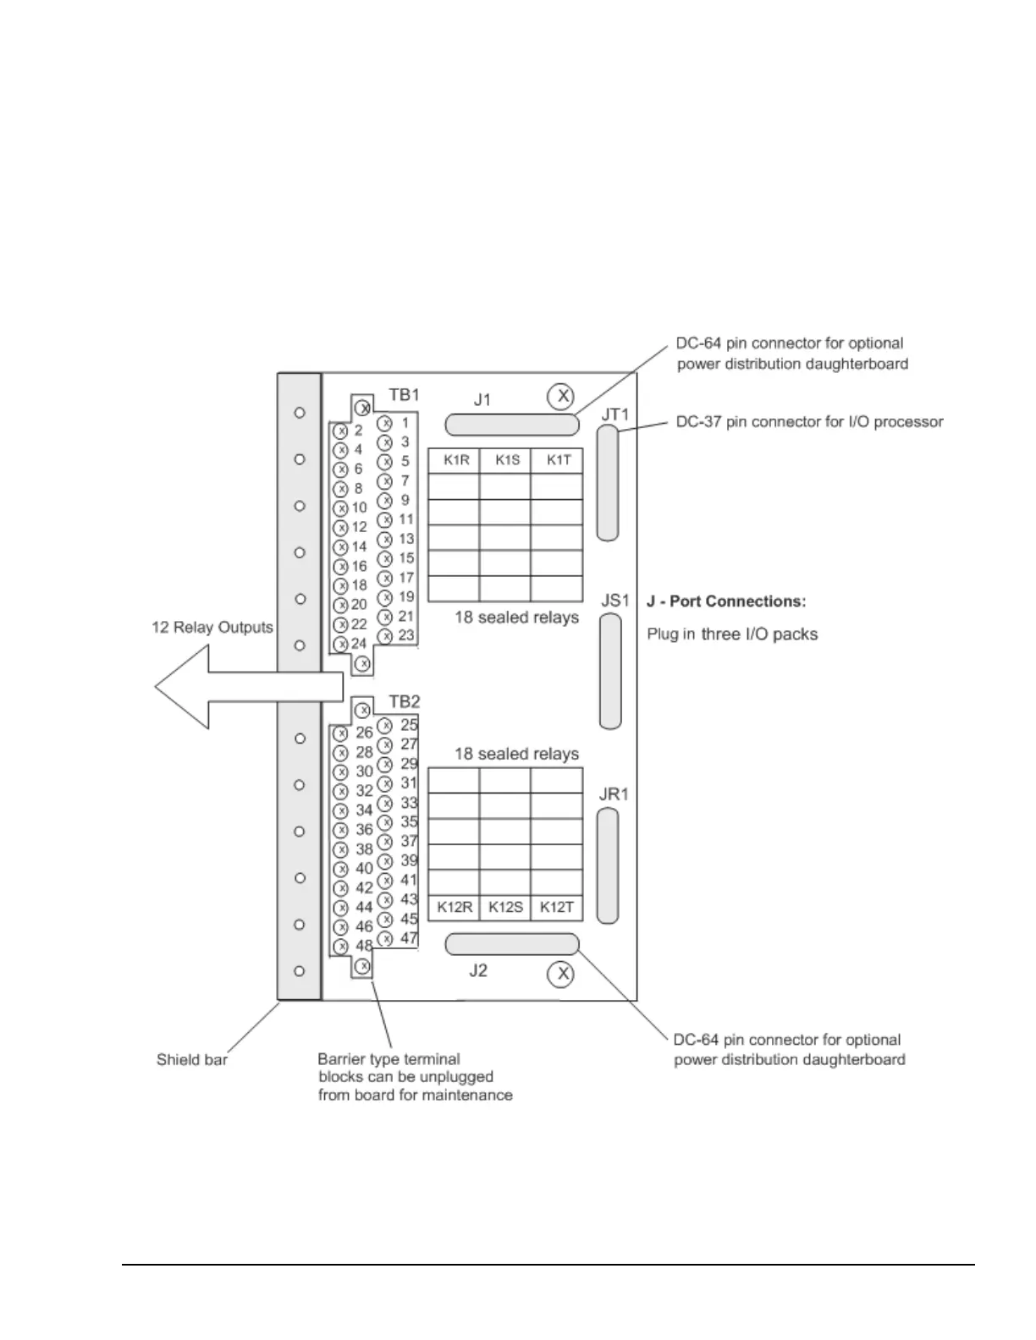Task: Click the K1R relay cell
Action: click(455, 460)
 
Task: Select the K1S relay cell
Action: click(506, 460)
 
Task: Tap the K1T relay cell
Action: click(558, 460)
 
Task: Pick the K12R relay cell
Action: click(455, 907)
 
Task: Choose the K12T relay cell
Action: click(557, 907)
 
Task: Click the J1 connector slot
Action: click(512, 425)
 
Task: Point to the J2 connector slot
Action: click(512, 944)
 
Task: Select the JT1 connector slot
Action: click(608, 482)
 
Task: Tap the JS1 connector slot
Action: click(610, 671)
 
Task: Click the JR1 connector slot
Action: click(608, 865)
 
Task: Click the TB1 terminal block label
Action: click(404, 394)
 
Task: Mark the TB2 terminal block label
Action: click(404, 701)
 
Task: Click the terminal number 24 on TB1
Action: click(359, 644)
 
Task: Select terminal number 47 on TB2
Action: click(409, 937)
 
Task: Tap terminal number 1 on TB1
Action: click(405, 422)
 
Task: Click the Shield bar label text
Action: click(192, 1059)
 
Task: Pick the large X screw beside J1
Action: click(560, 396)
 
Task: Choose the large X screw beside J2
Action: click(560, 974)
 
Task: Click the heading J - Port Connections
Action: click(726, 601)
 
